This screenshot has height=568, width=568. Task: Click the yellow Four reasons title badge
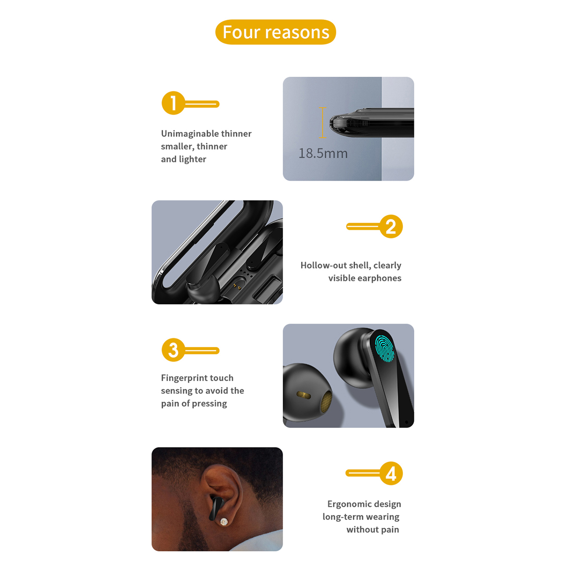click(276, 32)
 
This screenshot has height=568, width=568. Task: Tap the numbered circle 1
click(173, 103)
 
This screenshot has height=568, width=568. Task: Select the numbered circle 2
click(391, 226)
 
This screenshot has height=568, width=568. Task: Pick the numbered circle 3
click(173, 350)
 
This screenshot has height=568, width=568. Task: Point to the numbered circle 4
click(391, 473)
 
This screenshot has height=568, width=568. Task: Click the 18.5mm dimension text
click(323, 153)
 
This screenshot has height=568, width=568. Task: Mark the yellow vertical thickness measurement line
click(322, 122)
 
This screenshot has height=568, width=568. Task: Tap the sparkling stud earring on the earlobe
click(224, 522)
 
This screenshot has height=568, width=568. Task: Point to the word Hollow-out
click(324, 265)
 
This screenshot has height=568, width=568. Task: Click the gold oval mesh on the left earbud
click(304, 395)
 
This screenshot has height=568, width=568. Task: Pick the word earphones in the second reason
click(380, 279)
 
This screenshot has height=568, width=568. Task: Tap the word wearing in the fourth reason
click(382, 517)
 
